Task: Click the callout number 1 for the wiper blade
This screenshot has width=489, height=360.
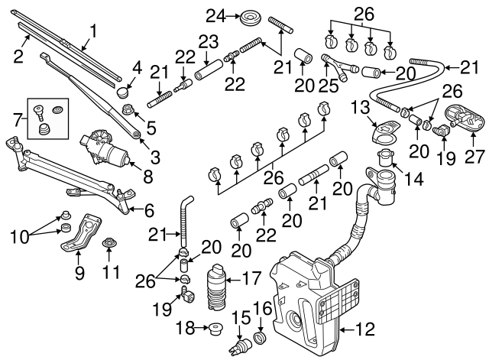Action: coord(94,31)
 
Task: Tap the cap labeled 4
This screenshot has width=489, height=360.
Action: coord(124,93)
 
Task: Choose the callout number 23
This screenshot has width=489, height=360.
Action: coord(208,41)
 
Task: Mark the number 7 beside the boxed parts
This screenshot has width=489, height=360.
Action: coord(16,118)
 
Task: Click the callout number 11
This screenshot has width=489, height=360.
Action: coord(112,271)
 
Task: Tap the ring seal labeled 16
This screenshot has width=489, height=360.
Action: coord(260,337)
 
